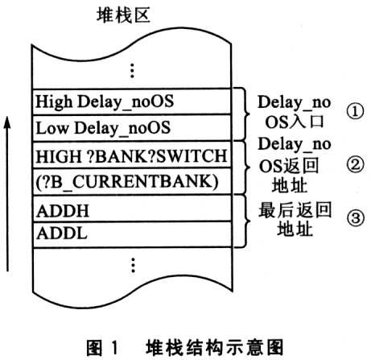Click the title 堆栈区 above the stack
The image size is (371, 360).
[123, 15]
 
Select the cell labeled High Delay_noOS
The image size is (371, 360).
[131, 101]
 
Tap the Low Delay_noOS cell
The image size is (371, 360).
[131, 128]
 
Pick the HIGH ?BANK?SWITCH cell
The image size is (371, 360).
[131, 155]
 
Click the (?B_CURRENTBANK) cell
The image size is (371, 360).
[131, 181]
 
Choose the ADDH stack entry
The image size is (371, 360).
[131, 209]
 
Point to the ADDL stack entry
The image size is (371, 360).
[131, 234]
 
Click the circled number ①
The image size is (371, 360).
[355, 112]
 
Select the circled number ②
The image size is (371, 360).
[355, 164]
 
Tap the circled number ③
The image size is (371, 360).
[355, 217]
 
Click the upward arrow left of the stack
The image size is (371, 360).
[7, 194]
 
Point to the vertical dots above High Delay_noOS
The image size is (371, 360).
[132, 71]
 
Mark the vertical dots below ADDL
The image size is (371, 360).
[133, 265]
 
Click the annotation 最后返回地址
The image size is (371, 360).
[295, 219]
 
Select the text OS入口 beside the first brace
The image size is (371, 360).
[295, 122]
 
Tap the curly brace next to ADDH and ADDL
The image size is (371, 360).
[244, 221]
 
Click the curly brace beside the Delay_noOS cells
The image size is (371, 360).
[244, 114]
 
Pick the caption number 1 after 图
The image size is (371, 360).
[114, 348]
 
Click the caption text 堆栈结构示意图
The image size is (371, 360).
[214, 348]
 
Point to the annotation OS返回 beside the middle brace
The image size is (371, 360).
[288, 166]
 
